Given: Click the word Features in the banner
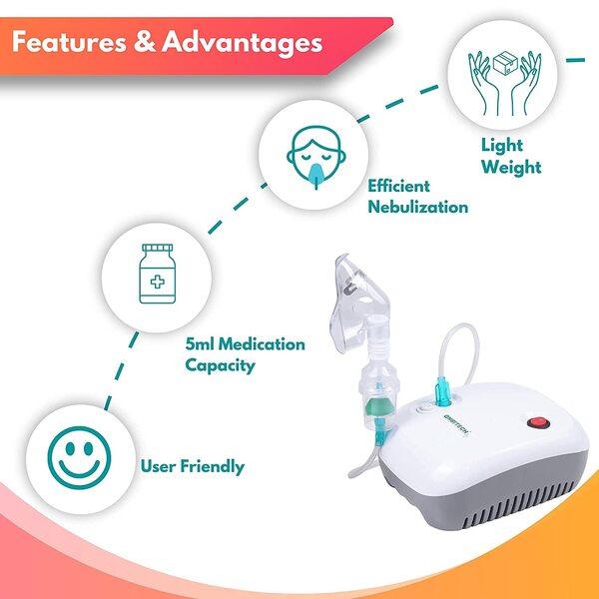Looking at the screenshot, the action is (x=69, y=42).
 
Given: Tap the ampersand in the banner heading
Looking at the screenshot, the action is (x=145, y=42).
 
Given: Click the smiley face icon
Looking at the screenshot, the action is (x=79, y=457).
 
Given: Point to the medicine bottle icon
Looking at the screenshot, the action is (x=158, y=274).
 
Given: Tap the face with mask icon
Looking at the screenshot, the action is (x=316, y=157).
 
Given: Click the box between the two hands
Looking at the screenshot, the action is (x=505, y=64).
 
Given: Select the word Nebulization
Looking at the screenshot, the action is (x=418, y=207).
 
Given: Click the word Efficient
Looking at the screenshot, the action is (x=398, y=186).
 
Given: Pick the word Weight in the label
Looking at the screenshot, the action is (x=511, y=168).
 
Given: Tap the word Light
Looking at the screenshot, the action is (x=501, y=146).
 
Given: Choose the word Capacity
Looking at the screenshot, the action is (x=220, y=365).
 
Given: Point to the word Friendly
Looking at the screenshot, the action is (x=213, y=467).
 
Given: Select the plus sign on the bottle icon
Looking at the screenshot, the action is (x=158, y=283).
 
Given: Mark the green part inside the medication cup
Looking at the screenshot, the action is (x=377, y=407).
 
